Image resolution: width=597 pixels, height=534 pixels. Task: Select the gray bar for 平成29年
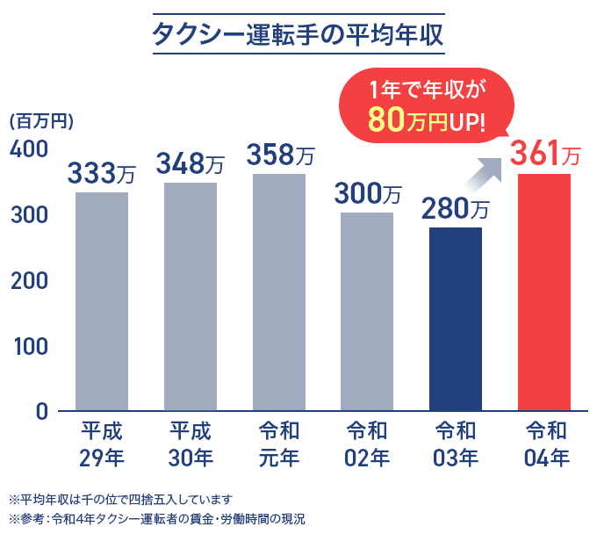click(102, 301)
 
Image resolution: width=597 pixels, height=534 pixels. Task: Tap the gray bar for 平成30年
click(191, 297)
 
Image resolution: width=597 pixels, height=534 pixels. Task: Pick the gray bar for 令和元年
click(279, 292)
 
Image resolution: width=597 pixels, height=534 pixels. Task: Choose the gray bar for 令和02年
click(367, 312)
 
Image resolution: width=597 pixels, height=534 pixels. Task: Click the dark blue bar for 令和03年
click(456, 319)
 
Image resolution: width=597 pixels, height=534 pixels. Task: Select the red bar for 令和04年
click(544, 292)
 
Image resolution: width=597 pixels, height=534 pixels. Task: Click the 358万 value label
click(279, 155)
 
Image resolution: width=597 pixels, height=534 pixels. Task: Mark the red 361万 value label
click(545, 155)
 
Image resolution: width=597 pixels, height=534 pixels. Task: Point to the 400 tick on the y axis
click(28, 149)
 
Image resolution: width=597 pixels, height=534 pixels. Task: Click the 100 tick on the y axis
click(28, 346)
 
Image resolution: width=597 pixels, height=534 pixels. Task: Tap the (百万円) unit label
click(40, 122)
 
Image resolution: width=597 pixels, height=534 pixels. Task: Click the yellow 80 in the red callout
click(385, 119)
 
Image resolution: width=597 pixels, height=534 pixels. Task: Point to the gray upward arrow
click(482, 177)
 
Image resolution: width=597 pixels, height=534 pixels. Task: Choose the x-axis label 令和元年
click(279, 444)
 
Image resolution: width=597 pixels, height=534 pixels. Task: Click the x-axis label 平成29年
click(102, 444)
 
